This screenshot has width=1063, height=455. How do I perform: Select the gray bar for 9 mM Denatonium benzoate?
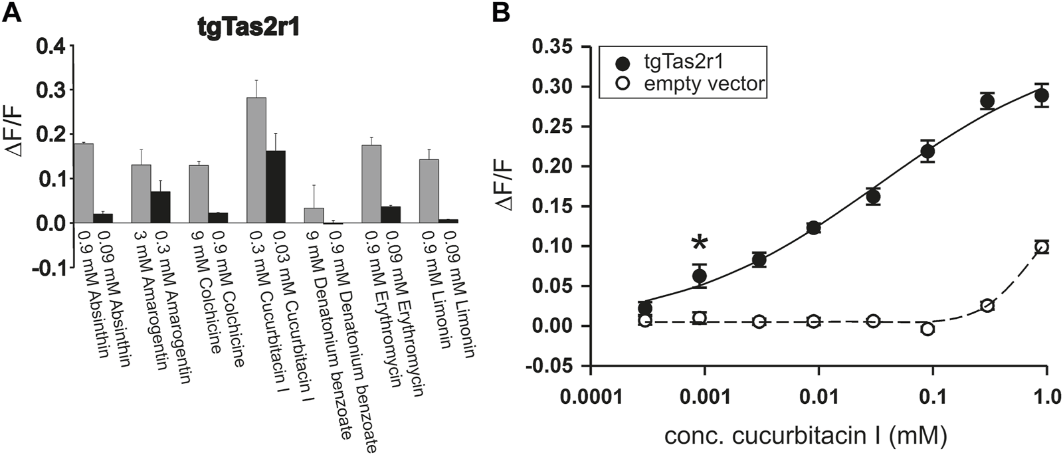click(314, 216)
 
